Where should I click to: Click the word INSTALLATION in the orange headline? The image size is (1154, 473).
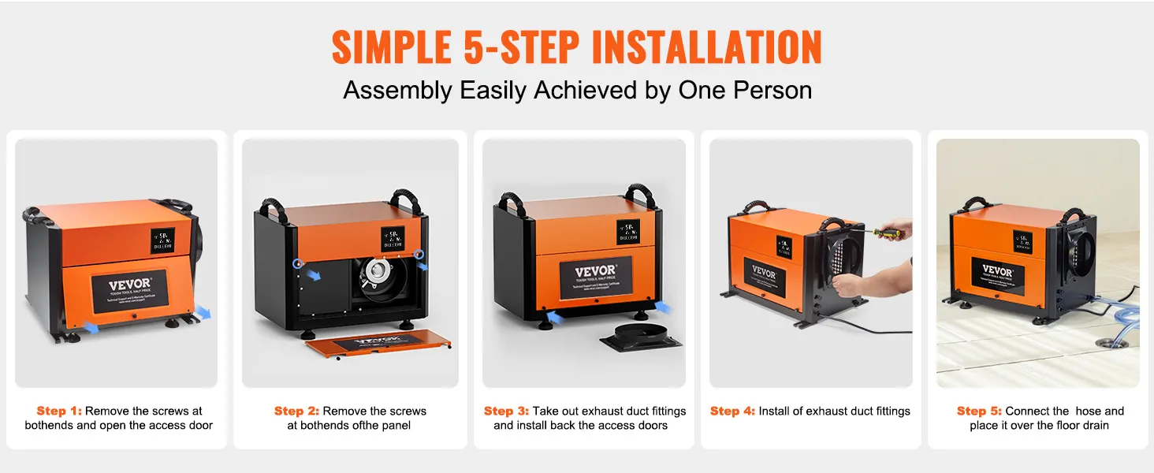point(706,49)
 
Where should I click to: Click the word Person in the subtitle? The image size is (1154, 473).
point(772,90)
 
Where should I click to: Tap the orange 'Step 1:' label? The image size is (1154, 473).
point(59,411)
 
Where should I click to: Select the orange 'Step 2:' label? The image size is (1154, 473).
point(296,411)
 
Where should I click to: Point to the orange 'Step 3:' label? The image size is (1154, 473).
point(506,411)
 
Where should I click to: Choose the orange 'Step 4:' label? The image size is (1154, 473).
point(732,411)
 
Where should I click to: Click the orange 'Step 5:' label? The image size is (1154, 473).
point(979,411)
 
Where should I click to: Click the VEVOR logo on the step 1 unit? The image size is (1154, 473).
point(128,285)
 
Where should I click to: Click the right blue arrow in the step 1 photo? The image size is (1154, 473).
point(203,312)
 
